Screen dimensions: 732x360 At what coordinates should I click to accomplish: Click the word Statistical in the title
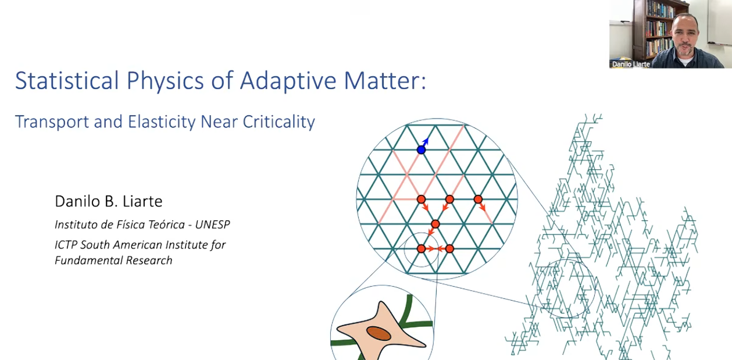pyautogui.click(x=67, y=80)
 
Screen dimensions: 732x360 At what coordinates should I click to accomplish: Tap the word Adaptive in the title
pyautogui.click(x=288, y=81)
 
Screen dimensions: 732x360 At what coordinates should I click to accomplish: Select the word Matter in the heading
pyautogui.click(x=382, y=80)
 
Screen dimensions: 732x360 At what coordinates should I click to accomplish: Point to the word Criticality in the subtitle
pyautogui.click(x=278, y=122)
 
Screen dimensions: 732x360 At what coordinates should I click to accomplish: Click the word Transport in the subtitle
pyautogui.click(x=52, y=122)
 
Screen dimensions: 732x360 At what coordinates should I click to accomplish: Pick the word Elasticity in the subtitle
pyautogui.click(x=161, y=122)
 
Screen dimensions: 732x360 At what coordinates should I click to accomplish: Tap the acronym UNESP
pyautogui.click(x=212, y=224)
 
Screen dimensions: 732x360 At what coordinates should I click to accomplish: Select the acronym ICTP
pyautogui.click(x=66, y=245)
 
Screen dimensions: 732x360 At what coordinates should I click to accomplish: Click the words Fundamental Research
pyautogui.click(x=113, y=261)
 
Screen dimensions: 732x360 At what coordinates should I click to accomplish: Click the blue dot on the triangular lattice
pyautogui.click(x=421, y=150)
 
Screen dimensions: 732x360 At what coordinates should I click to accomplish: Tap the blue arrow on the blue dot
pyautogui.click(x=425, y=142)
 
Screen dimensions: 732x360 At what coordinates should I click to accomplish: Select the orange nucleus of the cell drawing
pyautogui.click(x=379, y=333)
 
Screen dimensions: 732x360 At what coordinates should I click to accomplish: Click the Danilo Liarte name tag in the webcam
pyautogui.click(x=631, y=64)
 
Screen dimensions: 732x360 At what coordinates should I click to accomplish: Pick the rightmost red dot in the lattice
pyautogui.click(x=478, y=199)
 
